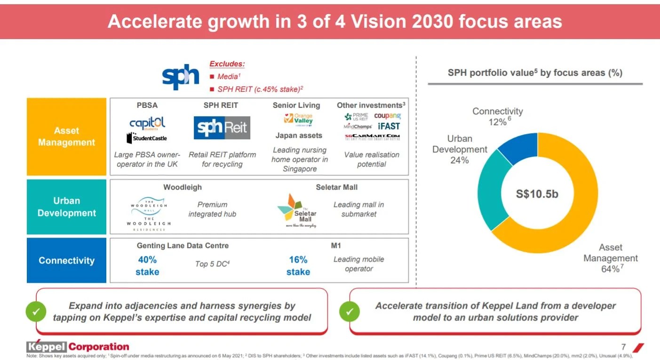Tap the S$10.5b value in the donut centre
537,193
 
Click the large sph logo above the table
180,77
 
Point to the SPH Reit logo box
222,128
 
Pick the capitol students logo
147,124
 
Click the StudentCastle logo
147,138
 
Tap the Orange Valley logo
298,120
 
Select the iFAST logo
389,126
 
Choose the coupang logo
388,116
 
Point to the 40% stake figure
147,265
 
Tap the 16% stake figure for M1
298,265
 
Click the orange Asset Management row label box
66,136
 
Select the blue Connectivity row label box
66,260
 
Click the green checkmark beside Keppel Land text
350,312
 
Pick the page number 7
623,347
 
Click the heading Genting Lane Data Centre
183,246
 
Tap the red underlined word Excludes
227,64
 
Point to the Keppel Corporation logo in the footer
78,347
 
